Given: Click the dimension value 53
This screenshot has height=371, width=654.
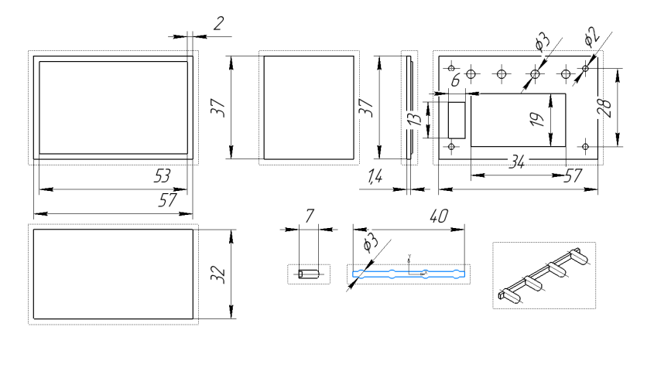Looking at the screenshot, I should (162, 176).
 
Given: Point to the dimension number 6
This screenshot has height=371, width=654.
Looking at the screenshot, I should (455, 80).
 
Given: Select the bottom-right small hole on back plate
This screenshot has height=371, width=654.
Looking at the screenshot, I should (586, 145).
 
